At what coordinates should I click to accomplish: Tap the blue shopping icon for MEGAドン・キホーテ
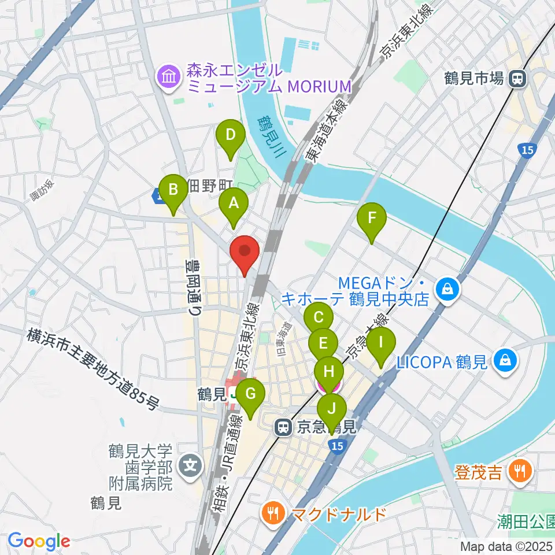(447, 288)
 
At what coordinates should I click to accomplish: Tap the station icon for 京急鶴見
(283, 428)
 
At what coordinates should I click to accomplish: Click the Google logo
(39, 541)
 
